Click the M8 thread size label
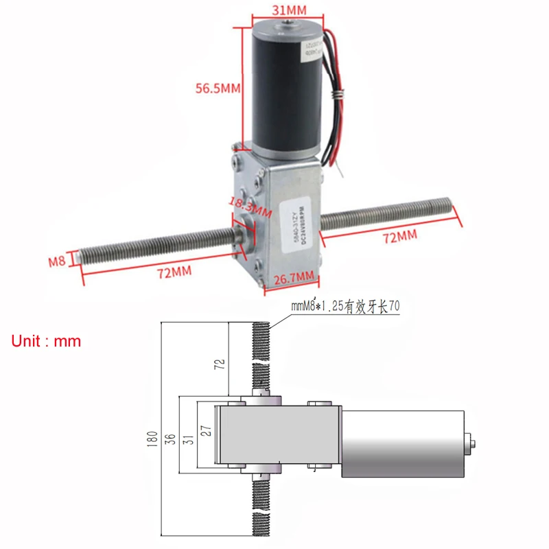(57, 261)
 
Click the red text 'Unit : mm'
(46, 341)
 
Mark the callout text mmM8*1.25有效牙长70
(345, 307)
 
